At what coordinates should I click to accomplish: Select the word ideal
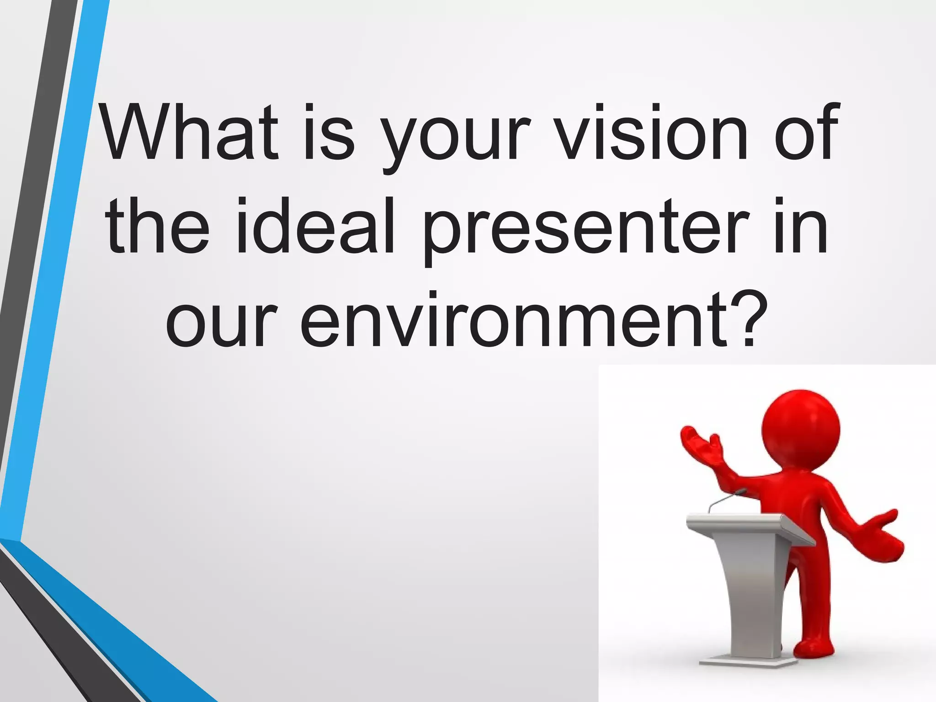click(x=315, y=226)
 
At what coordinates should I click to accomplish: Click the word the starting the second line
click(x=158, y=226)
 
